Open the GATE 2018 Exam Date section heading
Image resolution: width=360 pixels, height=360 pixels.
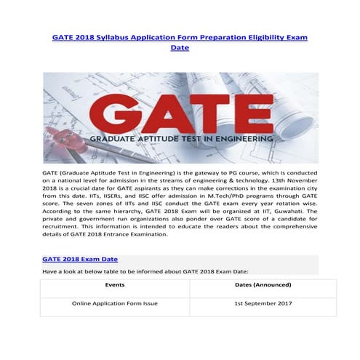(x=80, y=258)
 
